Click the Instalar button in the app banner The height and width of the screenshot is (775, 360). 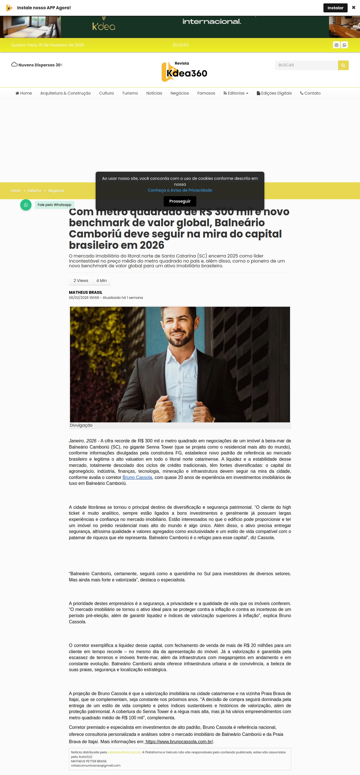coord(335,8)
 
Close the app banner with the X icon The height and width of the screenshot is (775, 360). coord(353,8)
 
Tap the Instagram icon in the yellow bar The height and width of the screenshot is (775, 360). coord(336,45)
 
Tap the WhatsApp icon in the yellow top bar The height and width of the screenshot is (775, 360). coord(344,45)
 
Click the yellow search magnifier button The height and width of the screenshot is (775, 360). coord(343,65)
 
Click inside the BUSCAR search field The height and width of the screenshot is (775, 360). coord(306,65)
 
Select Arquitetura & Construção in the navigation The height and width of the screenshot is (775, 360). coord(65,93)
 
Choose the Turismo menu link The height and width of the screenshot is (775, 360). coord(130,93)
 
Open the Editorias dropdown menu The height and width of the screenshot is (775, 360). coord(236,93)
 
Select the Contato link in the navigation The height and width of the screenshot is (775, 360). coord(310,93)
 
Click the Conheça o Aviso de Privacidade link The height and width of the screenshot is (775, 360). coord(180,190)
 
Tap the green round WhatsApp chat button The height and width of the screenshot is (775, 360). coord(26,205)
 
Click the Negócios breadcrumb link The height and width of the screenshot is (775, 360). coord(56,191)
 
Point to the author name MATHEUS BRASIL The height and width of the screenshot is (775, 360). coord(85,292)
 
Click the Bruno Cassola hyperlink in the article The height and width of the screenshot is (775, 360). coord(137,477)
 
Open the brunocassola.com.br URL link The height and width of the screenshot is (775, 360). coord(179,742)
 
